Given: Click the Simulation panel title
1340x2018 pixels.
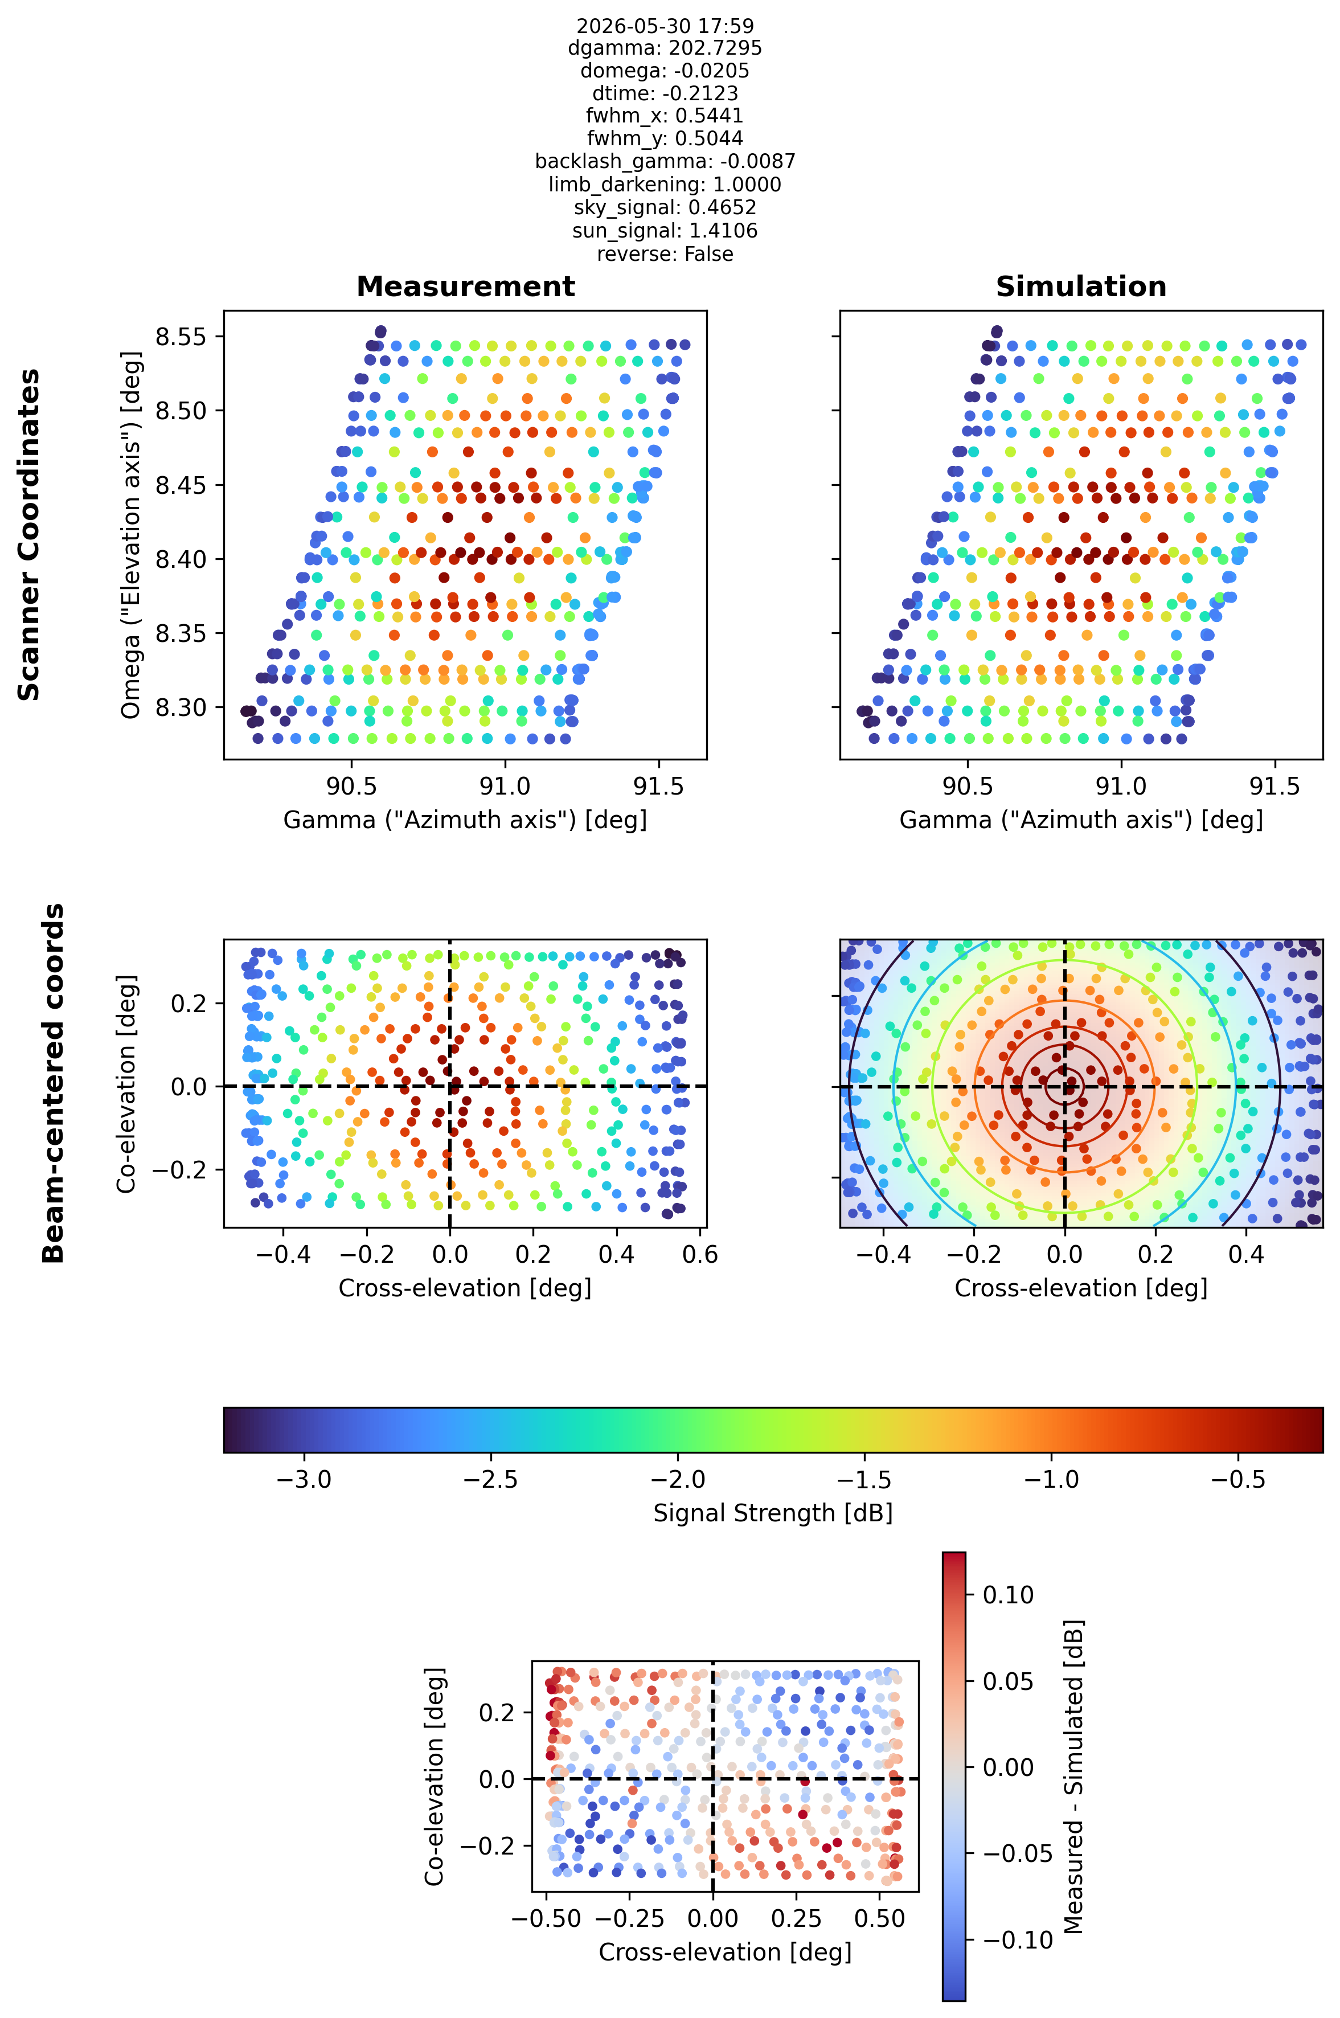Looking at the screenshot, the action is pyautogui.click(x=1081, y=286).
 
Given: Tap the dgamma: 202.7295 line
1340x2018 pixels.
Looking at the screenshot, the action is pyautogui.click(x=665, y=48).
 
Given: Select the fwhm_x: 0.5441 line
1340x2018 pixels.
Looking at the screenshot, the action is pyautogui.click(x=665, y=116).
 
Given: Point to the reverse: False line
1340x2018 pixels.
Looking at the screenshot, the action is pyautogui.click(x=665, y=254).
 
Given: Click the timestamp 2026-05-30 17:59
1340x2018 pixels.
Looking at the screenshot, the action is pyautogui.click(x=665, y=26).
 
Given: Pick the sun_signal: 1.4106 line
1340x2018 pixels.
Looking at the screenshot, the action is pyautogui.click(x=665, y=231).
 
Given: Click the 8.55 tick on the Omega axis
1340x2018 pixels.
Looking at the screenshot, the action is pyautogui.click(x=181, y=337).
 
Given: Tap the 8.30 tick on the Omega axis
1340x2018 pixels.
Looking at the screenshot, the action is pyautogui.click(x=181, y=708).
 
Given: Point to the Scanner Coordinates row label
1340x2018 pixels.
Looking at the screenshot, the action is pyautogui.click(x=29, y=534).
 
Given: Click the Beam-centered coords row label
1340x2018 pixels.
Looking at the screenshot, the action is pyautogui.click(x=53, y=1083).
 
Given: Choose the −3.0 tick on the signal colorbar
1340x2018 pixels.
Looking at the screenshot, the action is pyautogui.click(x=304, y=1479).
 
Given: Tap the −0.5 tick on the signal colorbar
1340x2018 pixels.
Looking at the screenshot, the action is pyautogui.click(x=1238, y=1479).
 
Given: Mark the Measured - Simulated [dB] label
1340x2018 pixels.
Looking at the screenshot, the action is pyautogui.click(x=1073, y=1776).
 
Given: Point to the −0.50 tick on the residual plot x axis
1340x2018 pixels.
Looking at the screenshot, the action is pyautogui.click(x=546, y=1919).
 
